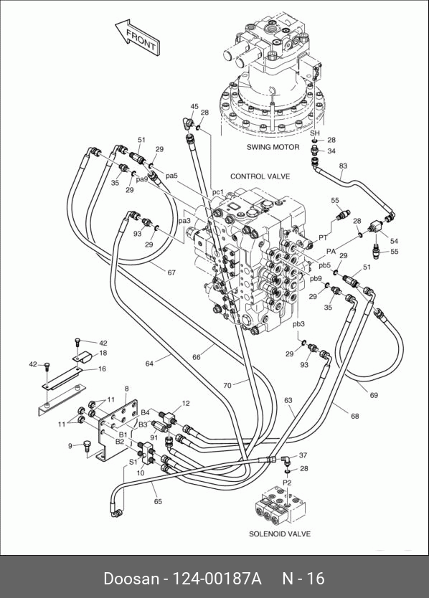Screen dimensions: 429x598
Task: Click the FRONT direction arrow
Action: pos(138,37)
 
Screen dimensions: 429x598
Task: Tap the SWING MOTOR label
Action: pos(273,147)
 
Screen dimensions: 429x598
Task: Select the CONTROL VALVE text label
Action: pos(260,176)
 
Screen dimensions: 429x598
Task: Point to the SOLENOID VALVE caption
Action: pos(280,534)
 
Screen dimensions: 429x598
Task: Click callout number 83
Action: pos(343,166)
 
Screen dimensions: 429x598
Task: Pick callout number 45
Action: pos(194,106)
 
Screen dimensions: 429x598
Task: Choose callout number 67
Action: pos(171,272)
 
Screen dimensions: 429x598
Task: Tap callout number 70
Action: pos(227,386)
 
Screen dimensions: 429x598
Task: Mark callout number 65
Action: pos(158,501)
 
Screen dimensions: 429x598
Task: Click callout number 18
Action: pos(103,353)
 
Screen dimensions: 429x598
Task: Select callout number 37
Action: pos(303,455)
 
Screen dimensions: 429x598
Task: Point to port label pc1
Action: pos(217,192)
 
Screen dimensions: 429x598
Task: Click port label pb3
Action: pos(298,324)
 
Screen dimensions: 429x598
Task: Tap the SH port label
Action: pos(314,133)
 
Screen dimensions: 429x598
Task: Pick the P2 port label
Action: pos(287,483)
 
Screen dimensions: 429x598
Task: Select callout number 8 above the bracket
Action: pos(127,389)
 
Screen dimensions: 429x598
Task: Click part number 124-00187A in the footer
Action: pos(217,579)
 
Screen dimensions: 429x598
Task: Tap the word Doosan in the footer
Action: pos(131,579)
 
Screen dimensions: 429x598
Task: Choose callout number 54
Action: pos(394,241)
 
